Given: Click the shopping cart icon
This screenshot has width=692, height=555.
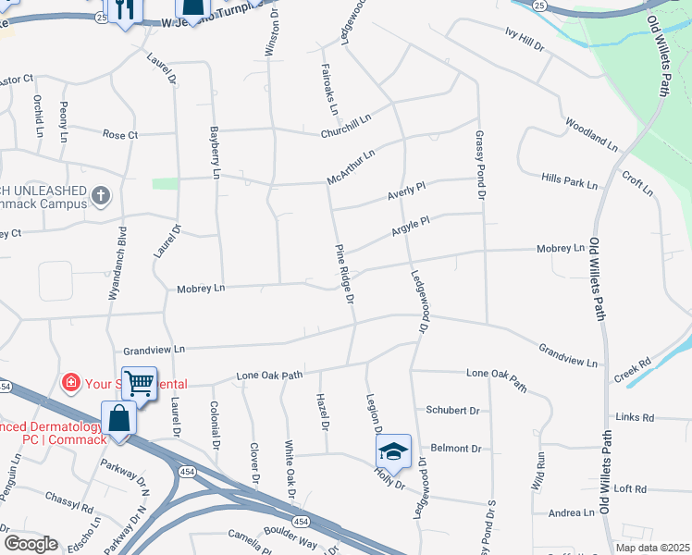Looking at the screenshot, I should (139, 381).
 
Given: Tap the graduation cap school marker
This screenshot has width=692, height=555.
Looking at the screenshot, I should (393, 450).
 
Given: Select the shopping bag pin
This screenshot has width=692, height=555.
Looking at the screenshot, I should (120, 417).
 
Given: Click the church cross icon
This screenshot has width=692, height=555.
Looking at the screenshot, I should (102, 196).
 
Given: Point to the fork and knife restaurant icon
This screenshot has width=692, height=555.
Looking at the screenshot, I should (129, 7).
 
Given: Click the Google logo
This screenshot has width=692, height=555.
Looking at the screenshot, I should (31, 544).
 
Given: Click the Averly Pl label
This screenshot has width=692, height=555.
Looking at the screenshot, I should (406, 194).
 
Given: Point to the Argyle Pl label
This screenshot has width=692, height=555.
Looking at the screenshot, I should (411, 226).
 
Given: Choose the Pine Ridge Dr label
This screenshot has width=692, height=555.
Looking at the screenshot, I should (344, 274).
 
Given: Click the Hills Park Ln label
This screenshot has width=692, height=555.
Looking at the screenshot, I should (570, 180).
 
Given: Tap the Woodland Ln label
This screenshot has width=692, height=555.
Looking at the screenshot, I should (590, 135).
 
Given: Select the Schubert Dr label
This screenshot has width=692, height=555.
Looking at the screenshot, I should (452, 410).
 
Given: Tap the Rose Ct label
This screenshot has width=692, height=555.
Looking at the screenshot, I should (119, 135).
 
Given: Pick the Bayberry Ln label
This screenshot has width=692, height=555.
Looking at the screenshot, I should (215, 153).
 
